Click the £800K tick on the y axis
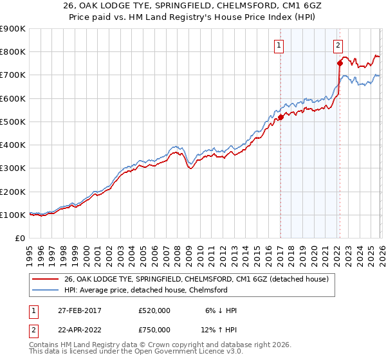[12, 52]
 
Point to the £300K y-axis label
[12, 168]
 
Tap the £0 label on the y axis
[19, 238]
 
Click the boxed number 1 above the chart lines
[279, 45]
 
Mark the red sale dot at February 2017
[280, 118]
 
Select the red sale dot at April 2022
[339, 63]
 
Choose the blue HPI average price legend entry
[154, 290]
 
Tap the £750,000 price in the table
[154, 330]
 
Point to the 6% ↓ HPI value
[221, 310]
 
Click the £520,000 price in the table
[154, 310]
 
